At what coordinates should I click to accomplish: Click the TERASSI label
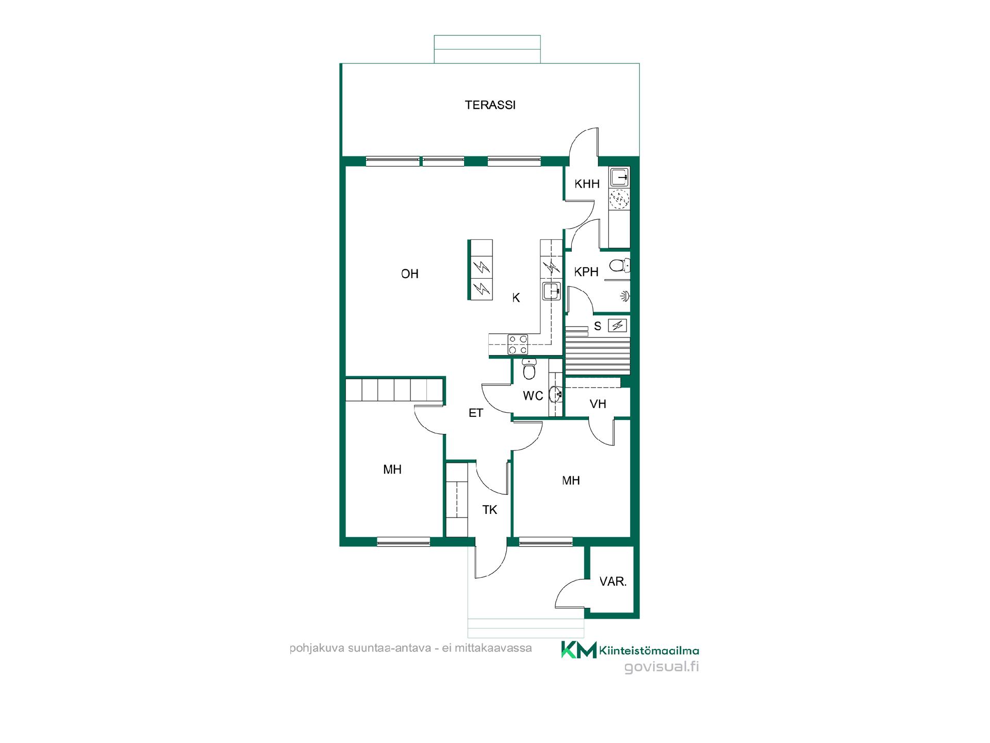tap(490, 105)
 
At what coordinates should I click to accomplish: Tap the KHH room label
tap(587, 184)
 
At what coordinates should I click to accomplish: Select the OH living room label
tap(410, 274)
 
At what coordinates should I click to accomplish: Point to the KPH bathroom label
tap(586, 272)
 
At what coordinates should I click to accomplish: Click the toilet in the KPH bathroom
tap(619, 266)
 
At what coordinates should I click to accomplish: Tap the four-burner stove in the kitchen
tap(518, 344)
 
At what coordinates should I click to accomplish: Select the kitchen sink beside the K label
tap(551, 291)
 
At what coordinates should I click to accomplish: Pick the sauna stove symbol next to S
tap(618, 326)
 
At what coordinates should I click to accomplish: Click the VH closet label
tap(598, 404)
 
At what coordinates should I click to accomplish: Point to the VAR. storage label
tap(613, 582)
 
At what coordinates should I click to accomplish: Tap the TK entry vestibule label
tap(489, 510)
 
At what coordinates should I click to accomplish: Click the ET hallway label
tap(475, 413)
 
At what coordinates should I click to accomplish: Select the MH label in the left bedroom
tap(392, 470)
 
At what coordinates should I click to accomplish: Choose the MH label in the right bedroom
tap(571, 481)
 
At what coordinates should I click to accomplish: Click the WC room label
tap(533, 396)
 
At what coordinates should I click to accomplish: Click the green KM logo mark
tap(579, 650)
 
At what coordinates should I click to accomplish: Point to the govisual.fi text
tap(662, 667)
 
